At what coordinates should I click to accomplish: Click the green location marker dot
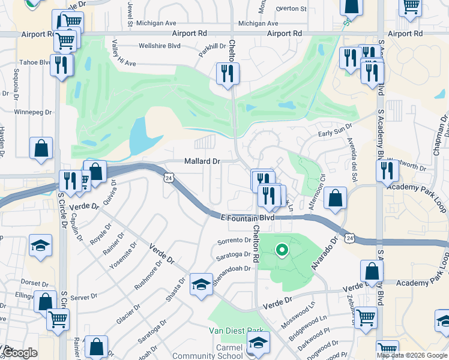(x=280, y=250)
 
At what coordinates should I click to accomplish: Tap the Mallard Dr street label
(x=202, y=161)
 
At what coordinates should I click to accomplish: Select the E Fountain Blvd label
(x=247, y=218)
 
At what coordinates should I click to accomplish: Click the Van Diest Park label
(x=236, y=331)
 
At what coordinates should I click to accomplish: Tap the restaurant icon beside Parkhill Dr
(x=228, y=74)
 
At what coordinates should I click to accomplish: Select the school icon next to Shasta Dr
(x=201, y=284)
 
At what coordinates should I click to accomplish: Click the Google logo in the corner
(x=20, y=353)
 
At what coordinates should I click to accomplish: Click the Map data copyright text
(x=412, y=355)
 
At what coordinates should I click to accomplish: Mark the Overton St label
(x=291, y=9)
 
